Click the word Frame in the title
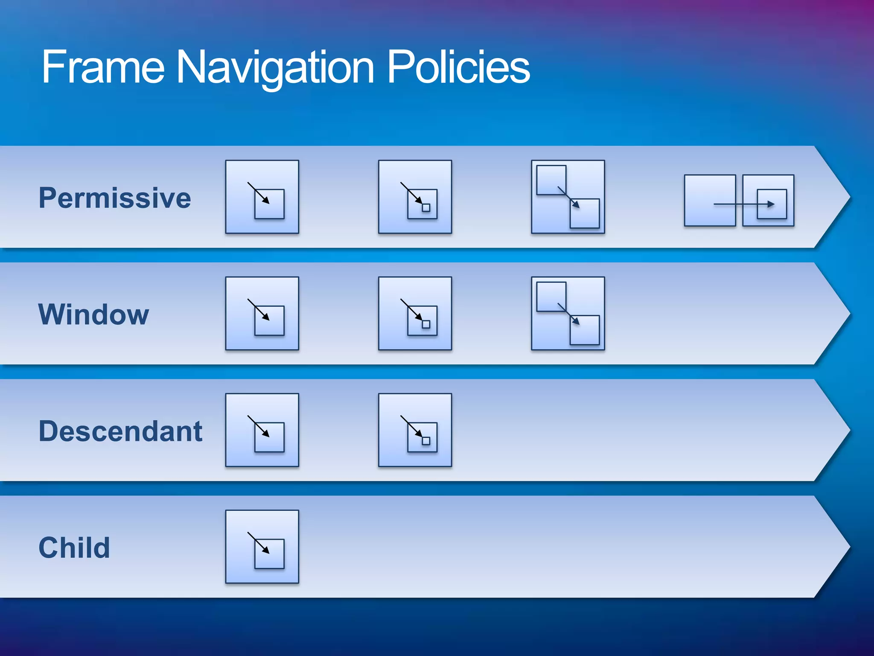coord(103,67)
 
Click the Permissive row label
coord(115,198)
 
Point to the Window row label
coord(94,315)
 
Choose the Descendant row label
coord(120,431)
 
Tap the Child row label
coord(74,548)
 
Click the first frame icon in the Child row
coord(262,547)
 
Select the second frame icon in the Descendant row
coord(415,430)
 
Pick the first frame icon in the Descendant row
coord(262,430)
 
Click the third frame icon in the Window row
coord(568,313)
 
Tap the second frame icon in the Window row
coord(415,313)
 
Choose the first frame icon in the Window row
coord(262,313)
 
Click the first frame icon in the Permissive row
coord(262,197)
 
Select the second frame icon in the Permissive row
coord(415,197)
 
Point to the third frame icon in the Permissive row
coord(568,197)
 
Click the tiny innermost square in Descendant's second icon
coord(426,441)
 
